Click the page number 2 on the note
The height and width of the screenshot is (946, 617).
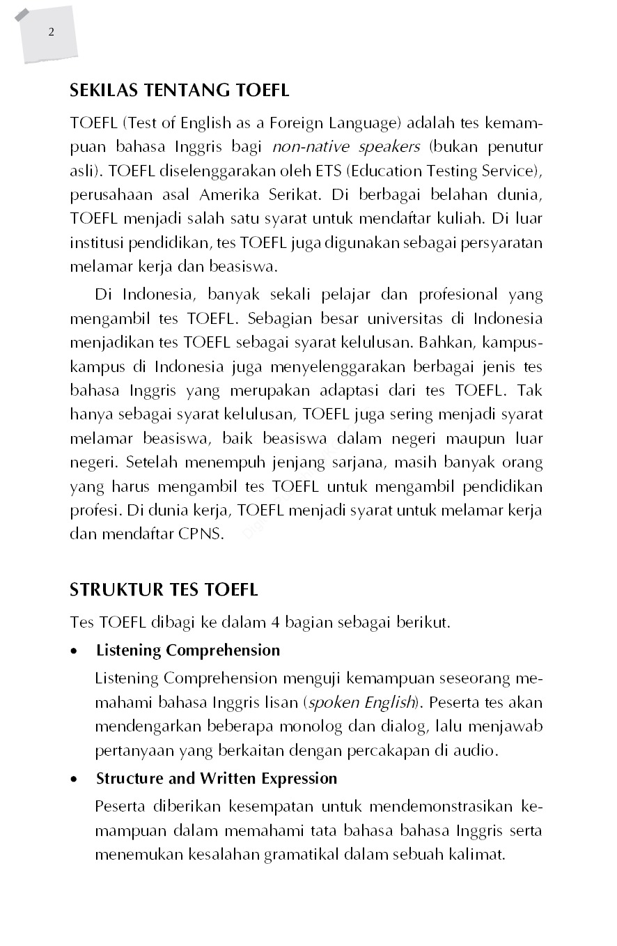(x=52, y=32)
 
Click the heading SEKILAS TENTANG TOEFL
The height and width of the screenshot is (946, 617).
(x=179, y=90)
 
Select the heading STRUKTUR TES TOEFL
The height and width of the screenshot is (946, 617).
(x=164, y=590)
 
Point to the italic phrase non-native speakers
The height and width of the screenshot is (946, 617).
(x=346, y=147)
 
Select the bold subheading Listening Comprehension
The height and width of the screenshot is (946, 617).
(x=188, y=651)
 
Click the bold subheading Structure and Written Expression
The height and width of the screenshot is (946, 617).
(x=217, y=778)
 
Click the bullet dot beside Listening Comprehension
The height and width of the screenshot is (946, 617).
(x=75, y=651)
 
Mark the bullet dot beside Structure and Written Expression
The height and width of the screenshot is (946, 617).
(x=75, y=779)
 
